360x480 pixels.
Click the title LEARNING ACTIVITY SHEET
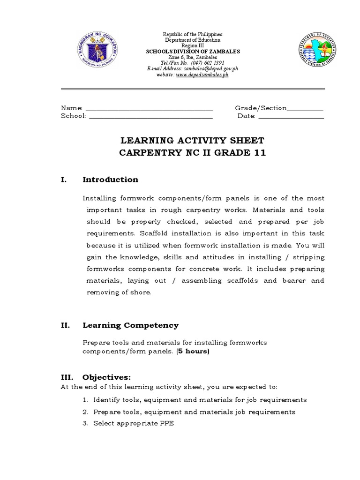tap(193, 141)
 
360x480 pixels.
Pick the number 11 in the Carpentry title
tap(259, 153)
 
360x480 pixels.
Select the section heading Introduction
tap(111, 180)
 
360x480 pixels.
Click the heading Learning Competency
tap(131, 325)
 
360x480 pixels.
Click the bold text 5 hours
tap(193, 352)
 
